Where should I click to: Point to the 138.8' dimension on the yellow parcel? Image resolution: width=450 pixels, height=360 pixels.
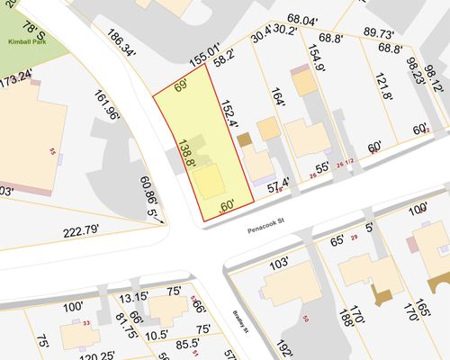coord(187,152)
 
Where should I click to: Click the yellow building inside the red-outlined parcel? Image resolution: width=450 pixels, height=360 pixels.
coord(210,181)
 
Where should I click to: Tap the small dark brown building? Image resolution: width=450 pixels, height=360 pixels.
coord(244,140)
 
